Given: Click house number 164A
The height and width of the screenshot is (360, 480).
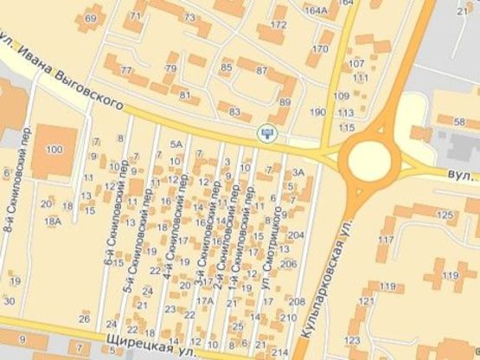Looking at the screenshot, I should pyautogui.click(x=317, y=11).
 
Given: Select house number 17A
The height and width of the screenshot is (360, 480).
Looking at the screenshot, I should pyautogui.click(x=204, y=301).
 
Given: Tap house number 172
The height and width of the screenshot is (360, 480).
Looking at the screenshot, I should pyautogui.click(x=278, y=25).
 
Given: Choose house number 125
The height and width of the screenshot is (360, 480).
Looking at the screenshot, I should pyautogui.click(x=445, y=215).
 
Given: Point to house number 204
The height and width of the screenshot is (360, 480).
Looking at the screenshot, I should pyautogui.click(x=295, y=235).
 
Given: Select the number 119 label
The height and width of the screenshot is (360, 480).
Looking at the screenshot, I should pyautogui.click(x=451, y=275).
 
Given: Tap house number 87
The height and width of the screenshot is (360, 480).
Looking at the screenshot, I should pyautogui.click(x=262, y=70).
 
